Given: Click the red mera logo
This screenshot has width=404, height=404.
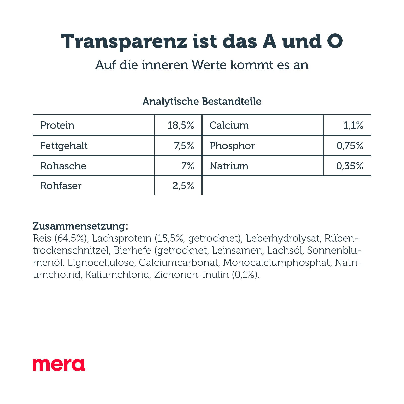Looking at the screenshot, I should [59, 365].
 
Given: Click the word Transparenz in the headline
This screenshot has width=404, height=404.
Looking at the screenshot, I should [124, 41].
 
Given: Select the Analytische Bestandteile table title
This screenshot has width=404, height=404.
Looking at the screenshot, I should [202, 102].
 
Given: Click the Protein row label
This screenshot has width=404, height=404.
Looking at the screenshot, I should [58, 125].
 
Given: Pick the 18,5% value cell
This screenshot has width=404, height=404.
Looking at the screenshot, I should [181, 125].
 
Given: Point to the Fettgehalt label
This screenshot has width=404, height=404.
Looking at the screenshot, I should [64, 146].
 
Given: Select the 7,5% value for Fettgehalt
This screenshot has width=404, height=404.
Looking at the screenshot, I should [184, 146].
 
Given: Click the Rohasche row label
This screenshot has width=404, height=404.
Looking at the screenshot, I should [63, 166].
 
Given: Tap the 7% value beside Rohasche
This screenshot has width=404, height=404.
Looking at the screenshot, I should [188, 166].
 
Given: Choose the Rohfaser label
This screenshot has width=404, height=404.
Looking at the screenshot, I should [61, 186].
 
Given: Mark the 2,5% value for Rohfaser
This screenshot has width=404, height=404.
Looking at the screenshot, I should [183, 186].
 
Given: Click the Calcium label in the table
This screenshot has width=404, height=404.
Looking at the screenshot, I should [229, 125].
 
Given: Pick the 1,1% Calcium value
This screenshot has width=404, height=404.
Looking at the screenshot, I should [353, 125].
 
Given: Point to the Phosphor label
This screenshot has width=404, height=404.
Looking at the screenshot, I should [232, 146].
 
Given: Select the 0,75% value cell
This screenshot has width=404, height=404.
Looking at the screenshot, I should [350, 146].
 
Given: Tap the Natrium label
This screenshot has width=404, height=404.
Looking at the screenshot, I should [229, 166].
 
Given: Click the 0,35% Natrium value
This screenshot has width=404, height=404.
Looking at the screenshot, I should [350, 166].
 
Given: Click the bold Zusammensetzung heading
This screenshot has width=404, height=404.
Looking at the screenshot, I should [80, 226].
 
